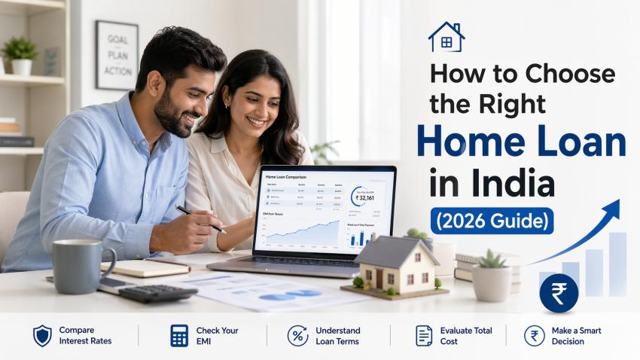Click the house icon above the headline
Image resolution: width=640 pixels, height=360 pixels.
point(446,37)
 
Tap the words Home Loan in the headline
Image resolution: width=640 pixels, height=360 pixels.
point(521,143)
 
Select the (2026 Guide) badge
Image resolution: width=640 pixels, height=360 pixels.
point(492,221)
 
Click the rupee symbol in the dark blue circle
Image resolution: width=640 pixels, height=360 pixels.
point(559,293)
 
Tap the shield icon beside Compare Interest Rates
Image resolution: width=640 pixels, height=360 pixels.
point(42,335)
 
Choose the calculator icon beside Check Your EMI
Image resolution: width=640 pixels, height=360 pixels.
point(179,335)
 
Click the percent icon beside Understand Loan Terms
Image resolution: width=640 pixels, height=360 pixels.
point(297,335)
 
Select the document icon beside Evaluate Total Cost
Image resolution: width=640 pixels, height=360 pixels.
point(423,335)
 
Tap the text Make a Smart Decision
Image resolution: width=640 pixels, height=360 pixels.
point(576,335)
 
